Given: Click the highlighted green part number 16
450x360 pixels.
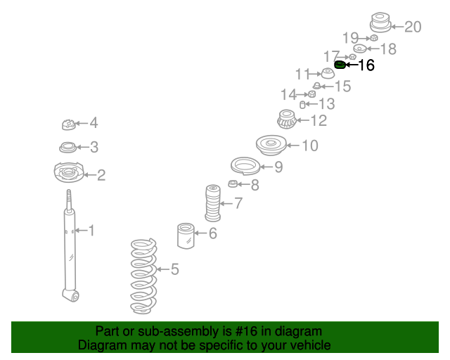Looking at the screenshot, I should pyautogui.click(x=339, y=66).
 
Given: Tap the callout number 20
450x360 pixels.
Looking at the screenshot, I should pyautogui.click(x=413, y=27).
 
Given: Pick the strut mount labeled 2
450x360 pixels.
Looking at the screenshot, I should pyautogui.click(x=68, y=173).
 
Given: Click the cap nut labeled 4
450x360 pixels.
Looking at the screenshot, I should pyautogui.click(x=69, y=125).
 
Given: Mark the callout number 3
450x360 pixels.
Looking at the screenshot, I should pyautogui.click(x=94, y=147).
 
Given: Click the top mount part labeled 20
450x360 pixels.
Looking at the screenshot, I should pyautogui.click(x=380, y=23).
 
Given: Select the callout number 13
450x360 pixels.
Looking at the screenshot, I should pyautogui.click(x=326, y=105).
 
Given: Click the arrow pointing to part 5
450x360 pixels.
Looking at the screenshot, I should pyautogui.click(x=161, y=269).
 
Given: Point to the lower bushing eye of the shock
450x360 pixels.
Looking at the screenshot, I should pyautogui.click(x=70, y=294).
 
